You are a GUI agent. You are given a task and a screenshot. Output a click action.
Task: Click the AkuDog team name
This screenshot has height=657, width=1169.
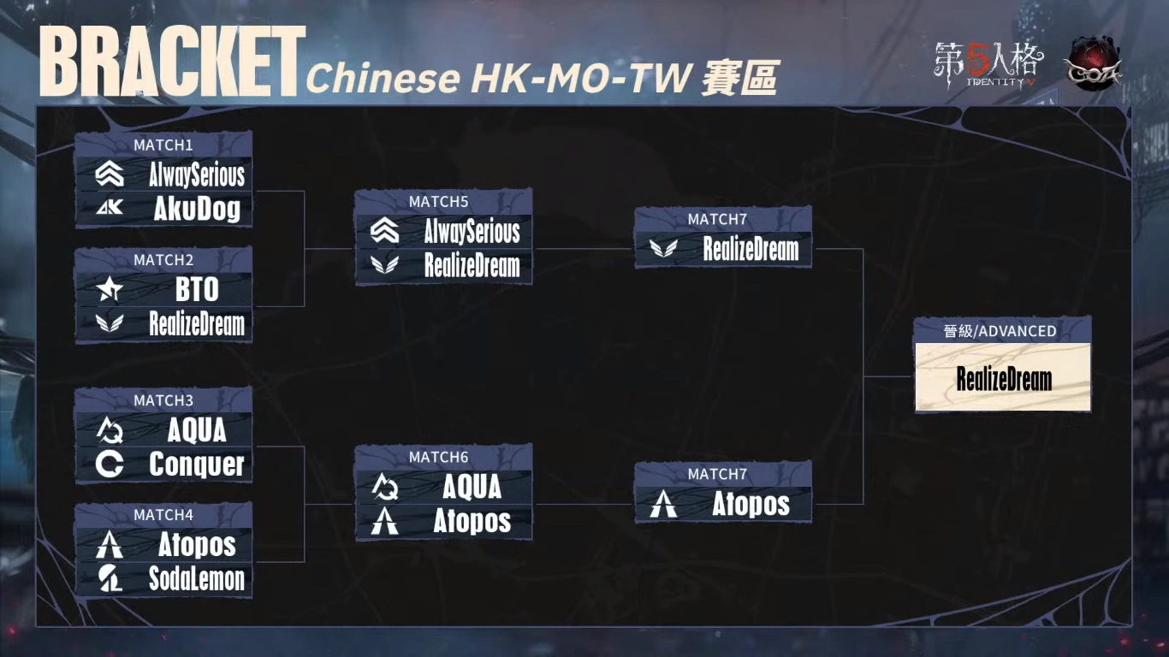(x=197, y=210)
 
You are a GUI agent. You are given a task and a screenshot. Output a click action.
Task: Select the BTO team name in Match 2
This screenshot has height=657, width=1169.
(x=197, y=290)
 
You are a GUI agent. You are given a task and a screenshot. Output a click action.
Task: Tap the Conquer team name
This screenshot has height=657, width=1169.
(x=197, y=465)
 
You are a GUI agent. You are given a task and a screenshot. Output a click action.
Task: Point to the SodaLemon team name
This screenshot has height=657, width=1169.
(x=197, y=579)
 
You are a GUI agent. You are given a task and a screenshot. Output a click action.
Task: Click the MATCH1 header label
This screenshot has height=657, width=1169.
(x=163, y=145)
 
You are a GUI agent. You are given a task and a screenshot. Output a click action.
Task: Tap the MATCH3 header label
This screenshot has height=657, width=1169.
(x=163, y=400)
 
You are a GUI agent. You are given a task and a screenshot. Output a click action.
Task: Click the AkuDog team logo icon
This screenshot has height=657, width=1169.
(x=110, y=208)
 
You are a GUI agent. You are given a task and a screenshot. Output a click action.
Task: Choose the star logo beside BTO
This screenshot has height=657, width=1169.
(x=110, y=291)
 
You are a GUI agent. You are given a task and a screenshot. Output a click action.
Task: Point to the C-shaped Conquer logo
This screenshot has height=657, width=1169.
(x=110, y=465)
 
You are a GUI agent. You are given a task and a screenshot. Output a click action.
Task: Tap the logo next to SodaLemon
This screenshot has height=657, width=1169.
(x=110, y=579)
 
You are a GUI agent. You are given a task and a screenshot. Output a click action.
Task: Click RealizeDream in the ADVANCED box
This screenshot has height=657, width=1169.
(x=1004, y=380)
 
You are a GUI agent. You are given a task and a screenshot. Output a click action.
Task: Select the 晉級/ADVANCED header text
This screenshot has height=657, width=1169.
(x=1000, y=331)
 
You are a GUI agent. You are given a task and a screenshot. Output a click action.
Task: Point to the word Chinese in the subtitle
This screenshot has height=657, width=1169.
(x=383, y=79)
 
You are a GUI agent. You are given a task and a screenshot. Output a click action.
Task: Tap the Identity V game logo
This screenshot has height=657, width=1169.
(x=989, y=65)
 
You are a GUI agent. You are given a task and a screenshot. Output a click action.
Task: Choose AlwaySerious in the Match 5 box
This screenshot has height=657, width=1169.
(x=472, y=232)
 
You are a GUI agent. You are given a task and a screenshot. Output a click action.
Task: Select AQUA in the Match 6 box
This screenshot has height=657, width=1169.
(x=472, y=488)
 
